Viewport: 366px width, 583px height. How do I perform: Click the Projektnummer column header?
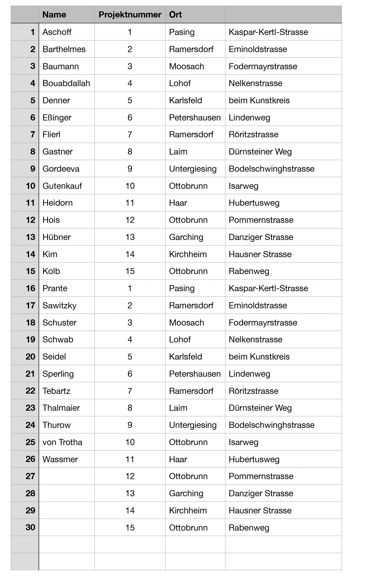[x=130, y=14]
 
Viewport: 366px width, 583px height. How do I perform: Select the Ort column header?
[x=175, y=14]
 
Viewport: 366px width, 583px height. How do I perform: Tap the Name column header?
[x=54, y=14]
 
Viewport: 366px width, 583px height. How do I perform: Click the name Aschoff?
[x=57, y=32]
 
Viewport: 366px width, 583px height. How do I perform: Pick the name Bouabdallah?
[x=66, y=83]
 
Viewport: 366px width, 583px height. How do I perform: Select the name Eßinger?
[x=57, y=117]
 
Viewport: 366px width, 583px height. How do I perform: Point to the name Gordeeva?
[x=61, y=169]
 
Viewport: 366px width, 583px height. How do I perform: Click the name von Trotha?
[x=62, y=442]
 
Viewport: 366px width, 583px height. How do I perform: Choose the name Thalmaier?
[x=61, y=408]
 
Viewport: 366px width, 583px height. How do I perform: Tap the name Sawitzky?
[x=59, y=305]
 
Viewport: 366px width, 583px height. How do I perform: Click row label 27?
[x=30, y=476]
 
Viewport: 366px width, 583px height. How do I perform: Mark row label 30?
[x=30, y=527]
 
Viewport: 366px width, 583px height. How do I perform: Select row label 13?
[x=30, y=237]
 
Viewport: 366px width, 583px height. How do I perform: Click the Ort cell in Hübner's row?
[x=186, y=237]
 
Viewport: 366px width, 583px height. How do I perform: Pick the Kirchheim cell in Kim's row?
[x=188, y=254]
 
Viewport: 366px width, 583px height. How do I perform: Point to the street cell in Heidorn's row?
[x=254, y=203]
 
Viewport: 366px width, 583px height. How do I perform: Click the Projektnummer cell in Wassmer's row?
[x=130, y=459]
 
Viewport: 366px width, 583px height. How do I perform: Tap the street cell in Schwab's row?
[x=256, y=339]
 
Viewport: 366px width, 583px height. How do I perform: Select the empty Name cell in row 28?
[x=67, y=493]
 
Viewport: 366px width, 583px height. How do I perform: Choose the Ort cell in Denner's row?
[x=185, y=100]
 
